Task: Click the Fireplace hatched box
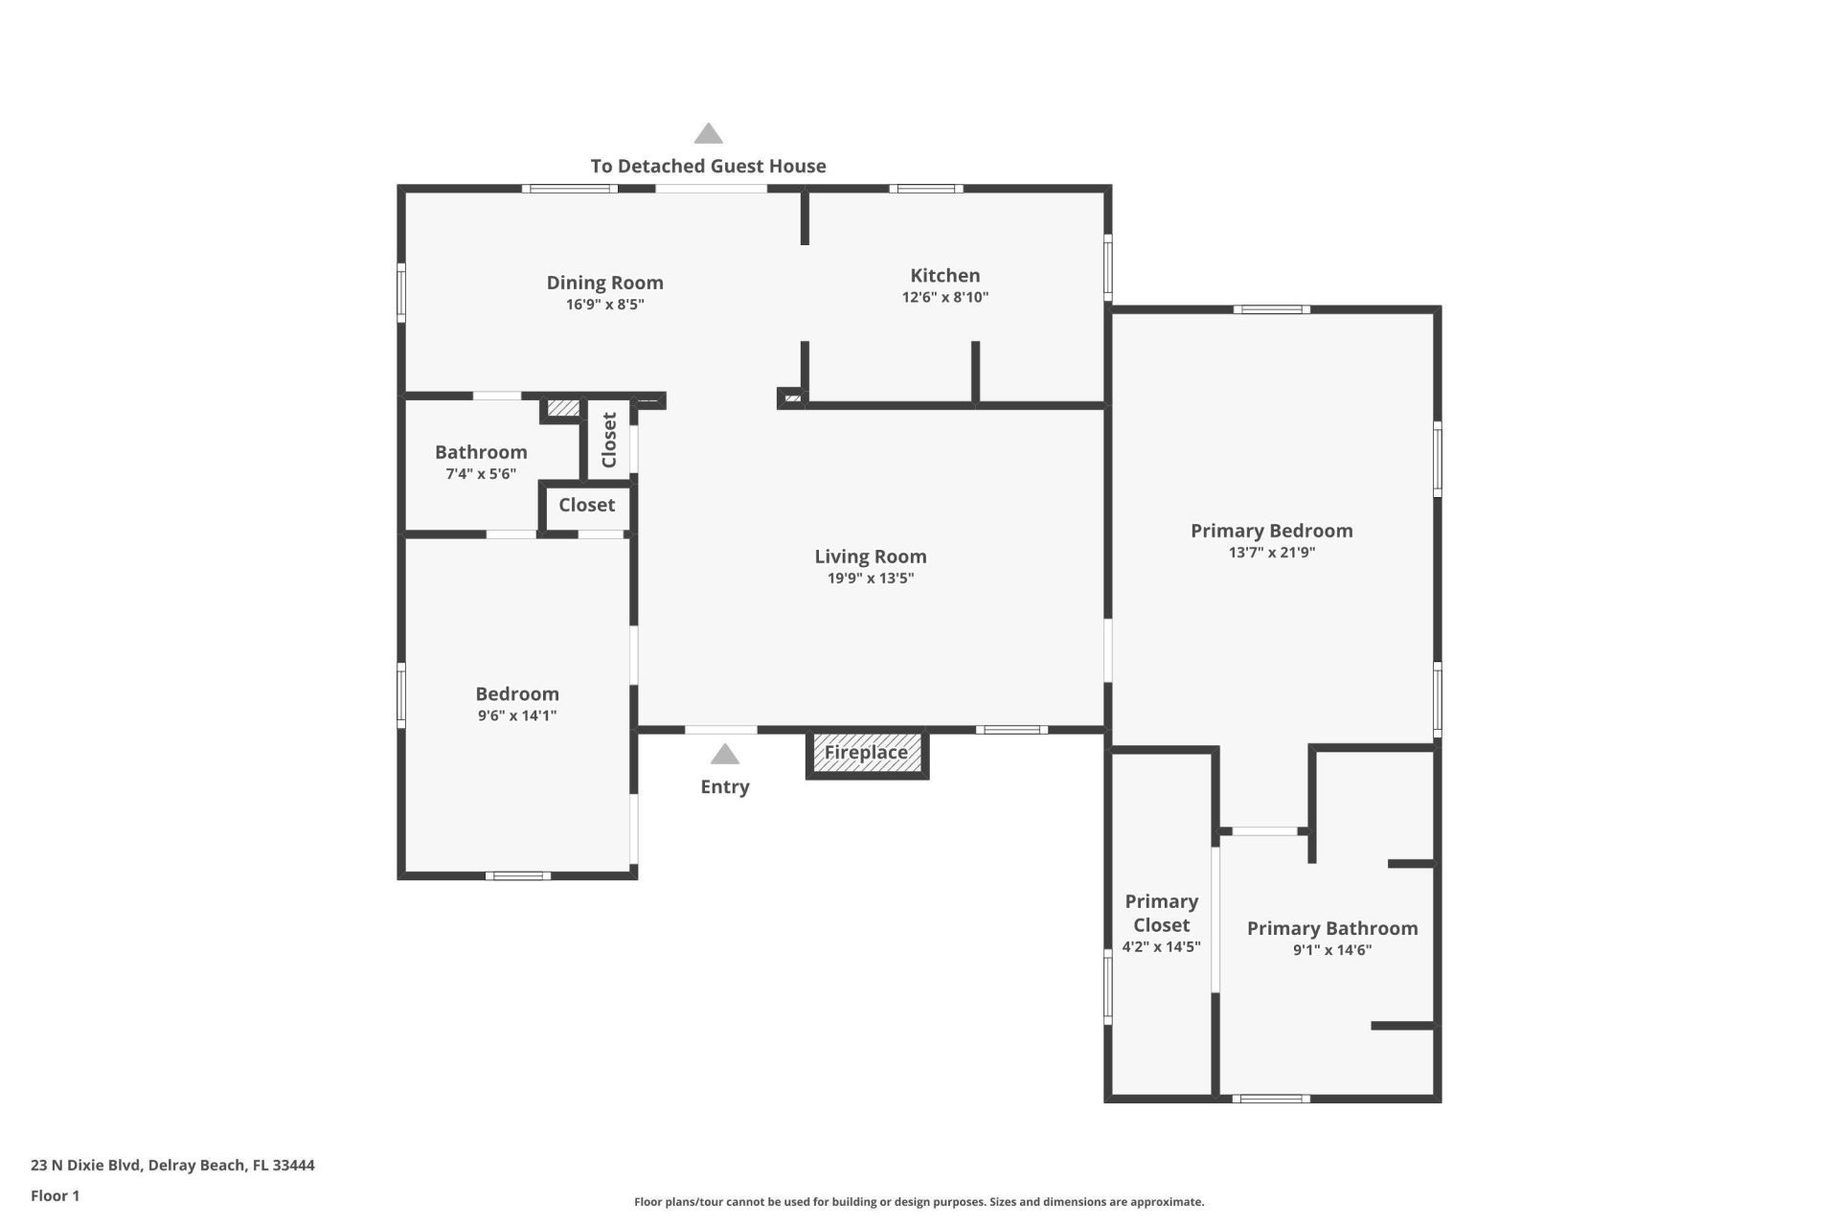click(x=867, y=753)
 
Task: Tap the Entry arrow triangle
click(x=725, y=755)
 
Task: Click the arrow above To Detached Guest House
click(x=708, y=134)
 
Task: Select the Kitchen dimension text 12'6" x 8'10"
click(x=944, y=298)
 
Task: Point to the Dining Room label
click(x=604, y=283)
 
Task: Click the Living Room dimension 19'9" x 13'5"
click(x=870, y=579)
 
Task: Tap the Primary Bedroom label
click(x=1271, y=531)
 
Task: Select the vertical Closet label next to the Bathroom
click(x=609, y=440)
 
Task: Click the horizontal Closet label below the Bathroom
click(x=586, y=505)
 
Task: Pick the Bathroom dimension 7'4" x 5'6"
click(x=481, y=474)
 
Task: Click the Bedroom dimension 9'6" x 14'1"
click(x=517, y=715)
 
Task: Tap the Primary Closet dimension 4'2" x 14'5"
click(x=1161, y=947)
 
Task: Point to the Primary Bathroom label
click(x=1331, y=928)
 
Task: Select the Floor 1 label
click(x=55, y=1195)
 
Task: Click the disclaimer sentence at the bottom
click(x=919, y=1202)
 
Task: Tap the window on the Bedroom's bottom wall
click(x=517, y=875)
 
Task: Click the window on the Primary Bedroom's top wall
click(x=1271, y=309)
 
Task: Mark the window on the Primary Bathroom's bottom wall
click(x=1270, y=1099)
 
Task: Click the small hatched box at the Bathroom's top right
click(x=563, y=409)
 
